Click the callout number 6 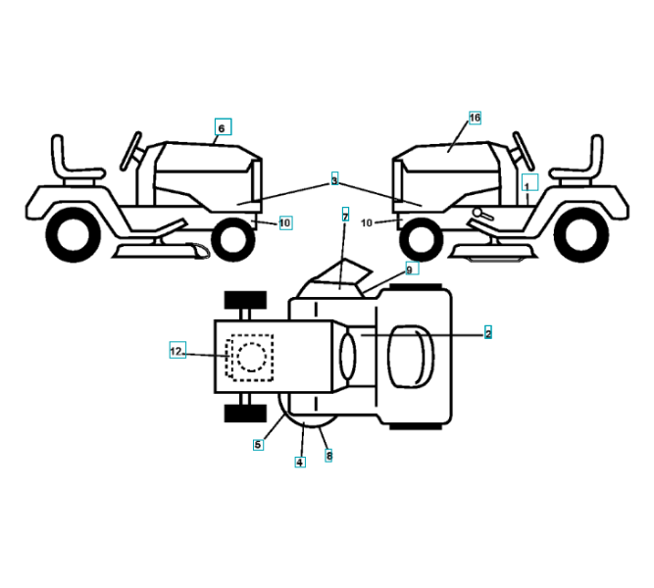point(222,128)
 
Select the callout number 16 point(475,118)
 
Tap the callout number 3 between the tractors point(334,181)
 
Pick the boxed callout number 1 point(527,184)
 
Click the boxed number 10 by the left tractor point(284,223)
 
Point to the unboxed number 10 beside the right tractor point(367,223)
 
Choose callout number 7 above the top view point(345,214)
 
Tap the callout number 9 point(411,269)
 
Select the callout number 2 point(487,333)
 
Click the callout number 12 point(176,350)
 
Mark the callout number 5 point(258,444)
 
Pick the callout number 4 point(300,462)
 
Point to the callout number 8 point(328,455)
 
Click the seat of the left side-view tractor point(70,162)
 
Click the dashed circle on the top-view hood point(252,355)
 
